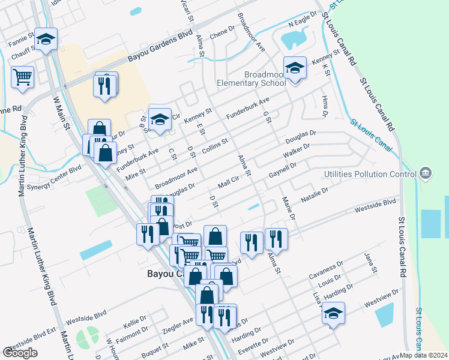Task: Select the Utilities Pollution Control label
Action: (x=369, y=174)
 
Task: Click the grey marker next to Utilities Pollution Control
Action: (x=426, y=173)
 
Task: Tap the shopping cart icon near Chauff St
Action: (x=22, y=76)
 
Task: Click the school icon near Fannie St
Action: (x=46, y=40)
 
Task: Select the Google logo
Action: (x=20, y=353)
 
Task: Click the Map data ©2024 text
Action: (x=423, y=355)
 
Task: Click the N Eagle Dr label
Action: (x=302, y=22)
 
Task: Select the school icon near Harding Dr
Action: (x=333, y=313)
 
